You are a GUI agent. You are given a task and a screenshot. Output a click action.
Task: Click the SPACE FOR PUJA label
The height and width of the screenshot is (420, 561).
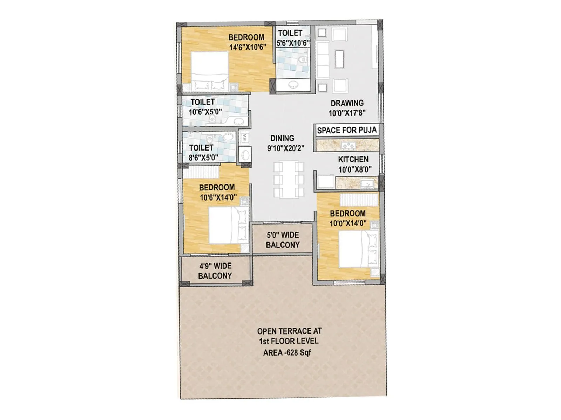pos(346,130)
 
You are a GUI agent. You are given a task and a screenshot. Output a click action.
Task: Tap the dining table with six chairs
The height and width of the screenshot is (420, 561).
pos(289,179)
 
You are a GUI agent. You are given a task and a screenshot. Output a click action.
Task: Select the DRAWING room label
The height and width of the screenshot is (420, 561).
pos(347,103)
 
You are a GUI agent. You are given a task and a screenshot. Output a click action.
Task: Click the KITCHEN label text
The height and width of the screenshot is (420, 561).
pos(353,159)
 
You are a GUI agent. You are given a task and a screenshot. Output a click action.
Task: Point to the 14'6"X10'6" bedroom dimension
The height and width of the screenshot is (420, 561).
pos(248,47)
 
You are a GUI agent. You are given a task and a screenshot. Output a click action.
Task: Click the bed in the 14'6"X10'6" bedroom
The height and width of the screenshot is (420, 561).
pos(209,71)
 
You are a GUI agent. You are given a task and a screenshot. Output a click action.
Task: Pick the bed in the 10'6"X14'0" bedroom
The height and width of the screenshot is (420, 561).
pos(228,225)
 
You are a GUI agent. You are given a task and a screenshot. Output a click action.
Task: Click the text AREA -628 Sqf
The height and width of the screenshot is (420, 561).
pos(287,352)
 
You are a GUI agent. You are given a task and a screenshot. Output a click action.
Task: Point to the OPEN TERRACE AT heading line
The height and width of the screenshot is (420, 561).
pos(289,331)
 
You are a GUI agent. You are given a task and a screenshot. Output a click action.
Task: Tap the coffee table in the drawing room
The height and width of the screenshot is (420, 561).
pos(339,59)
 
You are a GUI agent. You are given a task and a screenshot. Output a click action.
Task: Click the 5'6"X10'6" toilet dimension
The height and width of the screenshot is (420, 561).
pos(293,43)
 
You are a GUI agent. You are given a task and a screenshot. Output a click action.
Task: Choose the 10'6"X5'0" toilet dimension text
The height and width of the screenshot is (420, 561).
pos(205,112)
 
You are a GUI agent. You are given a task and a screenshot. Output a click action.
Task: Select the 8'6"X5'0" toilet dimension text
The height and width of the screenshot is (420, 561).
pos(203,157)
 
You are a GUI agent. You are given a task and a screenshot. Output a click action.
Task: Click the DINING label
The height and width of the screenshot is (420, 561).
pos(282,138)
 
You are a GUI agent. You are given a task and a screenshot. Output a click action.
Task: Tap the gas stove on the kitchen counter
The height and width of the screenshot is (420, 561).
pos(348,145)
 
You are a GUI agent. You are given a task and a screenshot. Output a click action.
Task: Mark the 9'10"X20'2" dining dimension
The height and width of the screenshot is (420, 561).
pos(286,148)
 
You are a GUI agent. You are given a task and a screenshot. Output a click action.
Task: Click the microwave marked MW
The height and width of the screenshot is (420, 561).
pos(244,137)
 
